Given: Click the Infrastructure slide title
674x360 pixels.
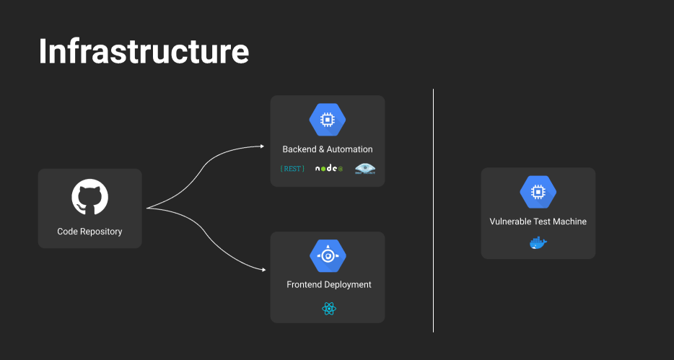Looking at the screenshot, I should [144, 52].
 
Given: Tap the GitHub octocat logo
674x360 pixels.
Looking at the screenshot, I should [90, 197].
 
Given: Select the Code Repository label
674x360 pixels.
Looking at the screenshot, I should [89, 232].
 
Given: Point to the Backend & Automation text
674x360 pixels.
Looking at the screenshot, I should [328, 149].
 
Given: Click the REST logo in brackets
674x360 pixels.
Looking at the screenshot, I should [292, 169].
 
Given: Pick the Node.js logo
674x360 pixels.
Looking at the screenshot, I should [328, 169].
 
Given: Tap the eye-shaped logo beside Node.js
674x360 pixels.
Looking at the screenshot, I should [365, 169].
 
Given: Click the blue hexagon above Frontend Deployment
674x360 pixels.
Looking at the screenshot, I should [328, 255].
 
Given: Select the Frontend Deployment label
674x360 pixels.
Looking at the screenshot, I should [329, 285].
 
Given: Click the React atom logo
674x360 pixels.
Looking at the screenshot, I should [329, 309].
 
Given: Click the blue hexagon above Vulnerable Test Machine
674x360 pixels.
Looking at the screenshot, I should [538, 192].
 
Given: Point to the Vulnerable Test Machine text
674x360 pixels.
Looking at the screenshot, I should [538, 221].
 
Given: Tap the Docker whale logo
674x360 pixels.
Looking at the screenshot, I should [538, 243].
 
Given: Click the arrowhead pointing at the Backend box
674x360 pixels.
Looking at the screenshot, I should [261, 146].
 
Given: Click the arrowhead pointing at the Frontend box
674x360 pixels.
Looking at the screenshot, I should [261, 269].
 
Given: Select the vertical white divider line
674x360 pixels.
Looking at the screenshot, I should [434, 210].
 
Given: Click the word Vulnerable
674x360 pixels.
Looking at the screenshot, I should [513, 221].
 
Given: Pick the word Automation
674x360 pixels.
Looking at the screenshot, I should [350, 149].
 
